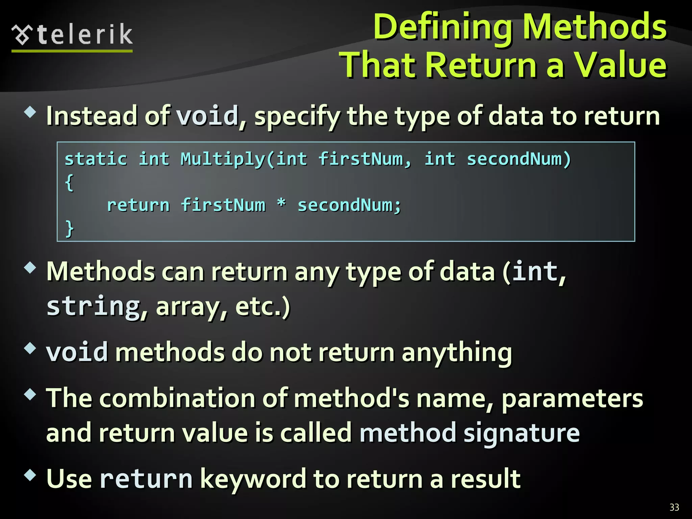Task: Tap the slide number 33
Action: (674, 507)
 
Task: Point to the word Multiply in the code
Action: (223, 159)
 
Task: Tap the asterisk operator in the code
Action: (281, 204)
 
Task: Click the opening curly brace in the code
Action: (69, 183)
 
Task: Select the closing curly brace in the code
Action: (69, 229)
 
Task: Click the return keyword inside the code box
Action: (138, 205)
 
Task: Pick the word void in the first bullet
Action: (207, 116)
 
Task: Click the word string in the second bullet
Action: (93, 306)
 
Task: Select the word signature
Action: (521, 434)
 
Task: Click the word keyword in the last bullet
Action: (253, 479)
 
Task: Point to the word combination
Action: (177, 398)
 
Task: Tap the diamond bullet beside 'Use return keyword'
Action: (30, 475)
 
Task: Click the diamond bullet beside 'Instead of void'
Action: (30, 112)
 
